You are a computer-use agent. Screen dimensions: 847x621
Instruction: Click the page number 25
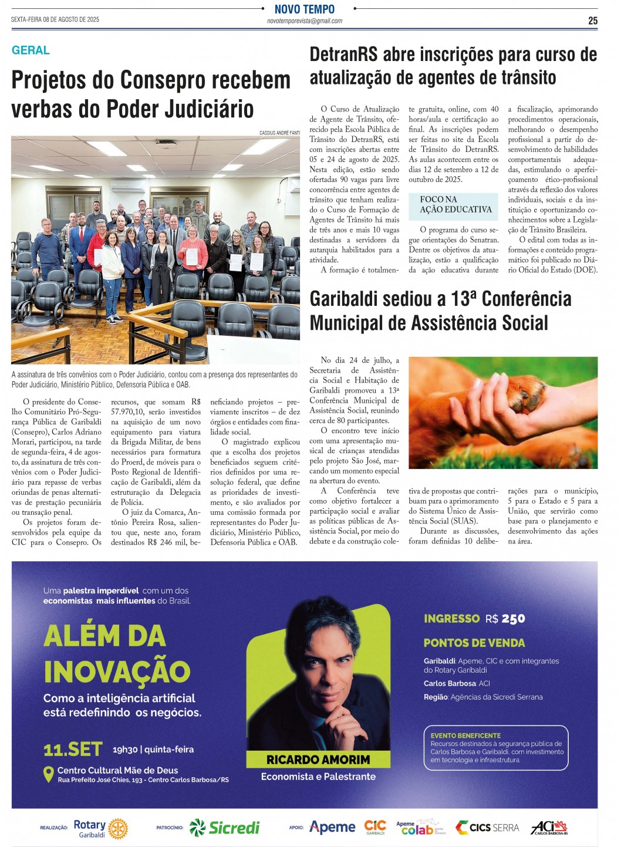pos(592,21)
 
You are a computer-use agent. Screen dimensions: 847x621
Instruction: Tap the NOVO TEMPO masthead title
pos(305,9)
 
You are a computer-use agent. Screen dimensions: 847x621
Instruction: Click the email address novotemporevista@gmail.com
pos(305,21)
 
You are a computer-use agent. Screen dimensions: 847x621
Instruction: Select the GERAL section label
pos(31,50)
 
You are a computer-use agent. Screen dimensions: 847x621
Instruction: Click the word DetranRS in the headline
pos(343,55)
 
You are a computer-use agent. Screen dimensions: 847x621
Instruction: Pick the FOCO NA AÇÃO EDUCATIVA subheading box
pos(455,204)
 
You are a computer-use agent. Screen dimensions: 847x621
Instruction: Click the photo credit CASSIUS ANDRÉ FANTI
pos(279,133)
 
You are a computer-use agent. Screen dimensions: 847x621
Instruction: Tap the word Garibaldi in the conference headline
pos(343,299)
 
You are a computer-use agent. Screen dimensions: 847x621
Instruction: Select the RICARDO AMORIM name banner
pos(318,760)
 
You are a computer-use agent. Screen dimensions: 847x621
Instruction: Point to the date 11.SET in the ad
pos(73,750)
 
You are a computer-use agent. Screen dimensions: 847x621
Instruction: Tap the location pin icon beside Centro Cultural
pos(49,774)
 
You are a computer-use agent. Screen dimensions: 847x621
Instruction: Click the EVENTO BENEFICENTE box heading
pos(465,735)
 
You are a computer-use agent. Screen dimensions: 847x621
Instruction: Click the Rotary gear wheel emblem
pos(118,828)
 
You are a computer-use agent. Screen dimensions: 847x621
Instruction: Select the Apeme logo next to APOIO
pos(332,828)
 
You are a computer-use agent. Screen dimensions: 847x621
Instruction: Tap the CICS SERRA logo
pos(488,828)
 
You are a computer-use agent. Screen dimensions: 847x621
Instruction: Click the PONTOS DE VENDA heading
pos(474,643)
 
